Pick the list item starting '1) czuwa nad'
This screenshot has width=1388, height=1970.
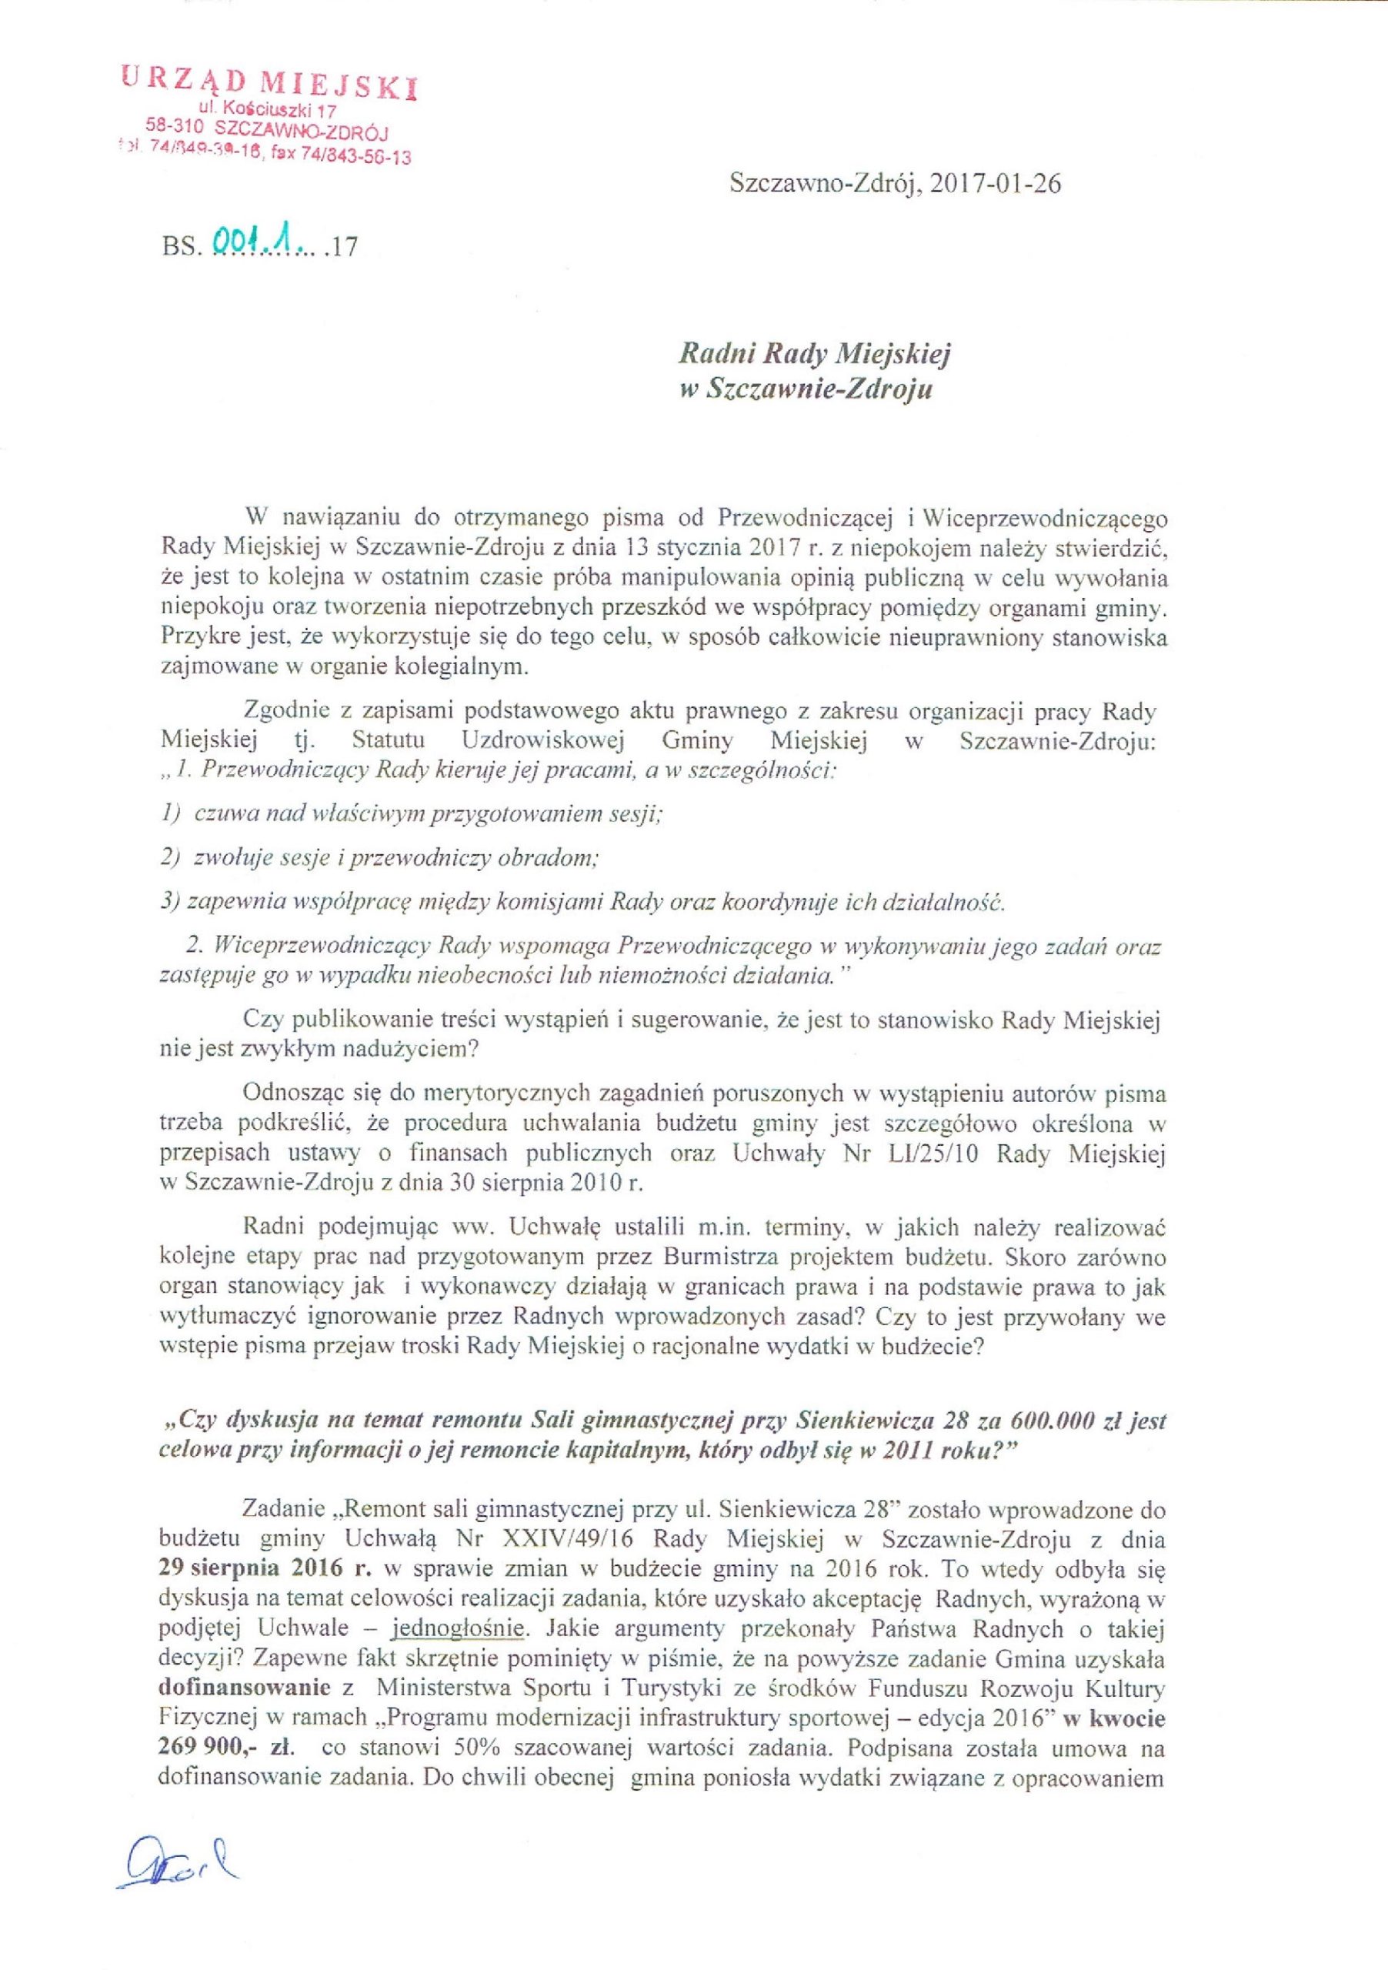pyautogui.click(x=412, y=814)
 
